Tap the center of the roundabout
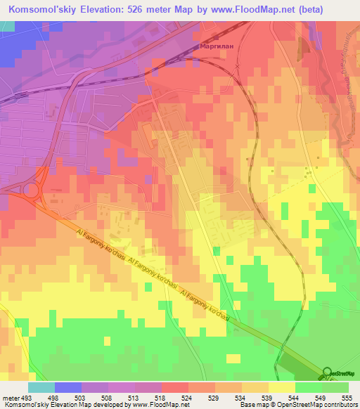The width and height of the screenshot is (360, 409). [x=30, y=190]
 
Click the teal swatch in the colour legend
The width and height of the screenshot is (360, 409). [x=41, y=388]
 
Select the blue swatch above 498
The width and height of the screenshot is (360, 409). [x=68, y=388]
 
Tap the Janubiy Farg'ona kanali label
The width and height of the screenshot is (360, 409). [x=348, y=77]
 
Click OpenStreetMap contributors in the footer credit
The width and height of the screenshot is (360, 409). [x=319, y=405]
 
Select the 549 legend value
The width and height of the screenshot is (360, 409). [x=322, y=397]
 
